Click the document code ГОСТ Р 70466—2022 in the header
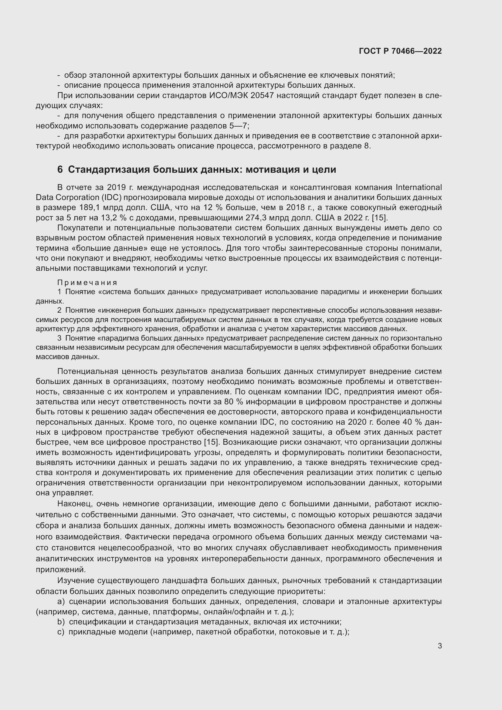click(400, 51)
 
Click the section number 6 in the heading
click(60, 169)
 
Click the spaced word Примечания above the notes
click(87, 283)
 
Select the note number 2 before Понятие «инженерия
click(59, 311)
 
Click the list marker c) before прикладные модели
click(61, 632)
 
